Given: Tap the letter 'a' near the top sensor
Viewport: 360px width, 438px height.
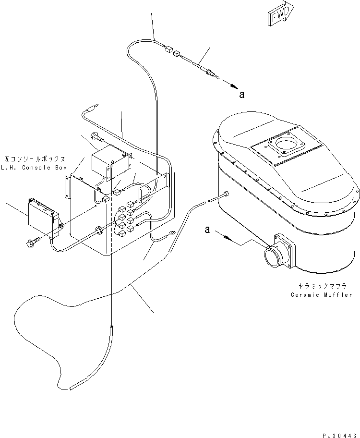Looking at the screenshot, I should click(242, 95).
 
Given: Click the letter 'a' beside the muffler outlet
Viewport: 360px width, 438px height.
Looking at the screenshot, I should click(207, 230).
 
